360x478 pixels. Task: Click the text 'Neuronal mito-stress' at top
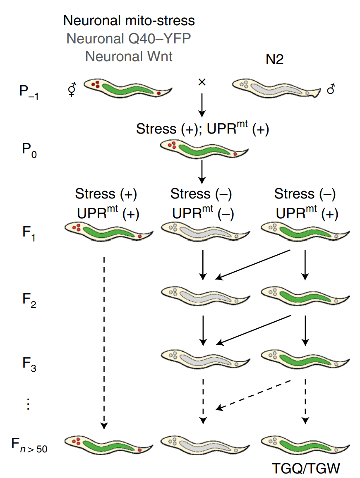point(129,21)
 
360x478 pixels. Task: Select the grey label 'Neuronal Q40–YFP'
point(129,38)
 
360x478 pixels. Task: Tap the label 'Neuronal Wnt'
point(129,56)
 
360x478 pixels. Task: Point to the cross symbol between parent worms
point(202,82)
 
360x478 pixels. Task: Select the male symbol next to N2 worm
point(331,89)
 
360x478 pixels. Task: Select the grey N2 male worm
point(275,88)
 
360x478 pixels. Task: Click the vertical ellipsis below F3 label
point(28,404)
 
